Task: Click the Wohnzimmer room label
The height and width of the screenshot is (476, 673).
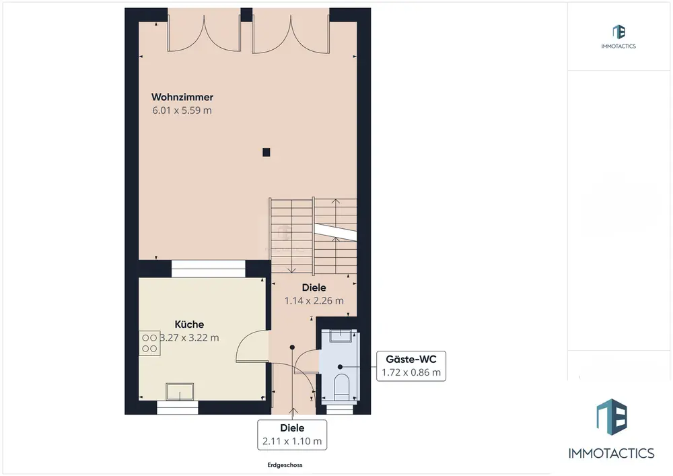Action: point(182,97)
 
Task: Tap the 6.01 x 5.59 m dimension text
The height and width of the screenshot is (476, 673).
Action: point(182,110)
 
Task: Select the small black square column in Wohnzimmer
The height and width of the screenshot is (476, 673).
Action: point(266,152)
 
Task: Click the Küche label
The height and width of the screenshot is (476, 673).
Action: point(189,324)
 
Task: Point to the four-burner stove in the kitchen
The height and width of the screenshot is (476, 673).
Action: point(149,343)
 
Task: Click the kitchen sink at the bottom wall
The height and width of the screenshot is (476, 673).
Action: point(180,391)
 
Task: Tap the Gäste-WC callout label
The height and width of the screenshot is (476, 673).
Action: point(411,359)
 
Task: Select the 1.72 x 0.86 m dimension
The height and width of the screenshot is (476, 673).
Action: point(411,372)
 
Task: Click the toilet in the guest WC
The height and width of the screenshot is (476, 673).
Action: point(342,384)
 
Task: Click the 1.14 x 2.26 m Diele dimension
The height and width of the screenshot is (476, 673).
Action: point(314,300)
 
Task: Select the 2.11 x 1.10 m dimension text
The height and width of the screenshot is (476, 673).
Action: point(292,441)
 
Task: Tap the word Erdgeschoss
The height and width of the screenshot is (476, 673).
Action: point(285,465)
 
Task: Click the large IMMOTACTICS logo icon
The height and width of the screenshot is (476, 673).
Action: point(612,417)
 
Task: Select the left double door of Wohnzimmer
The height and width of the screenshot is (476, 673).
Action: point(204,34)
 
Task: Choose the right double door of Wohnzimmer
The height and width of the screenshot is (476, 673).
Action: point(291,34)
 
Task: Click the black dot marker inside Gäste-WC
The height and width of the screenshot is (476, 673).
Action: point(340,367)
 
